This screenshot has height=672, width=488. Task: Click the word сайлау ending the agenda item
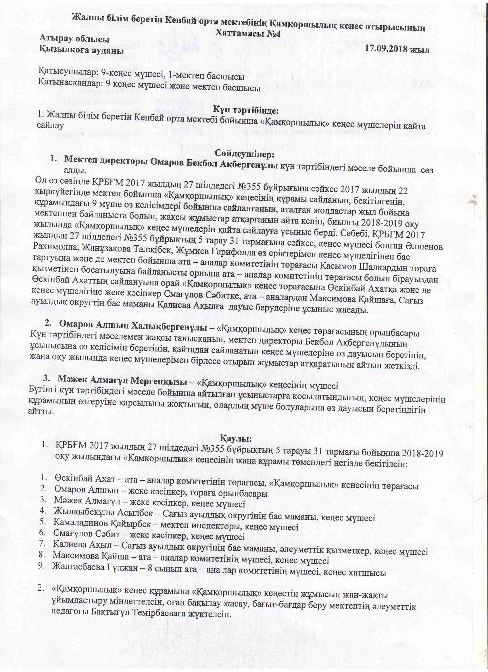coord(51,126)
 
